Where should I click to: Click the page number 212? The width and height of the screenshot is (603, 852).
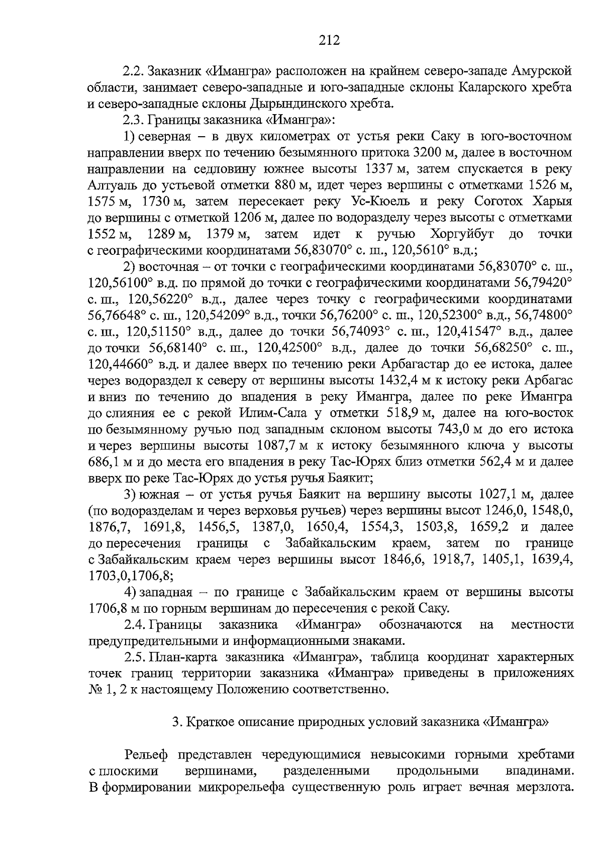329,40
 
